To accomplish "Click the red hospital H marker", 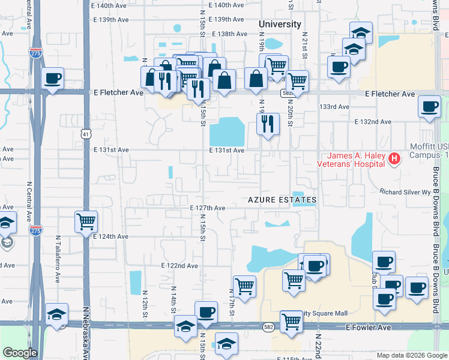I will click(394, 159).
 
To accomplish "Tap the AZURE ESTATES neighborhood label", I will click(282, 199).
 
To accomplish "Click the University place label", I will click(279, 24).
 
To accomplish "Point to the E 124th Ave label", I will click(111, 236).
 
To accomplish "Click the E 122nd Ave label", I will click(179, 265).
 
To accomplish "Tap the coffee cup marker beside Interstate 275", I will click(53, 78).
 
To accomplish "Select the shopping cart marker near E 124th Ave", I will click(86, 221).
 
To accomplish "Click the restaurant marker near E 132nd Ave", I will click(268, 124).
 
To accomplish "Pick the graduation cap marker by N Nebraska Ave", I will click(56, 314).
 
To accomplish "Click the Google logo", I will click(20, 353).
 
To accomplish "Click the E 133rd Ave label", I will click(334, 107).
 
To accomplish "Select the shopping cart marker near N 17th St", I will click(244, 286).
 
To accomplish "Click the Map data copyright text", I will click(412, 355).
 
